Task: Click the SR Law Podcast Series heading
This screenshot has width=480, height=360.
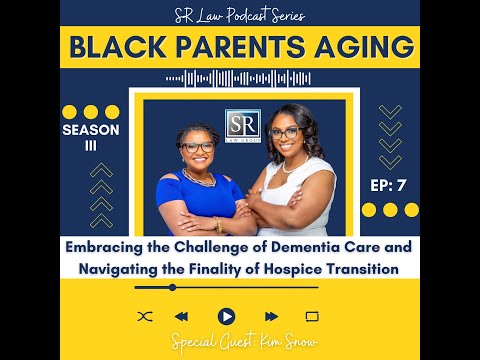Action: click(x=240, y=14)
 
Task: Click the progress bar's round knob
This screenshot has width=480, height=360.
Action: click(x=172, y=288)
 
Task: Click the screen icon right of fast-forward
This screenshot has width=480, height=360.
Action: click(x=311, y=316)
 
